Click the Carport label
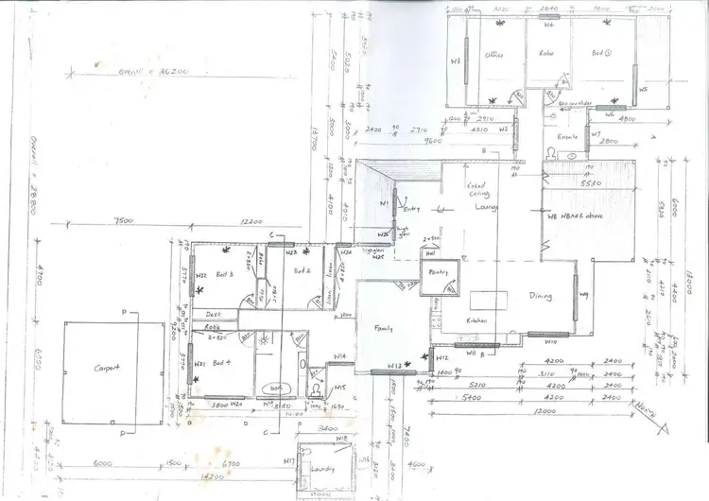click(111, 368)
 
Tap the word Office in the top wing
click(493, 55)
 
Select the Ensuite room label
click(567, 138)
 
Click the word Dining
click(541, 294)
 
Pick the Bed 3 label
click(224, 275)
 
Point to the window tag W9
click(583, 294)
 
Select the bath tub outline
click(277, 388)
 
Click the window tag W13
click(394, 364)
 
